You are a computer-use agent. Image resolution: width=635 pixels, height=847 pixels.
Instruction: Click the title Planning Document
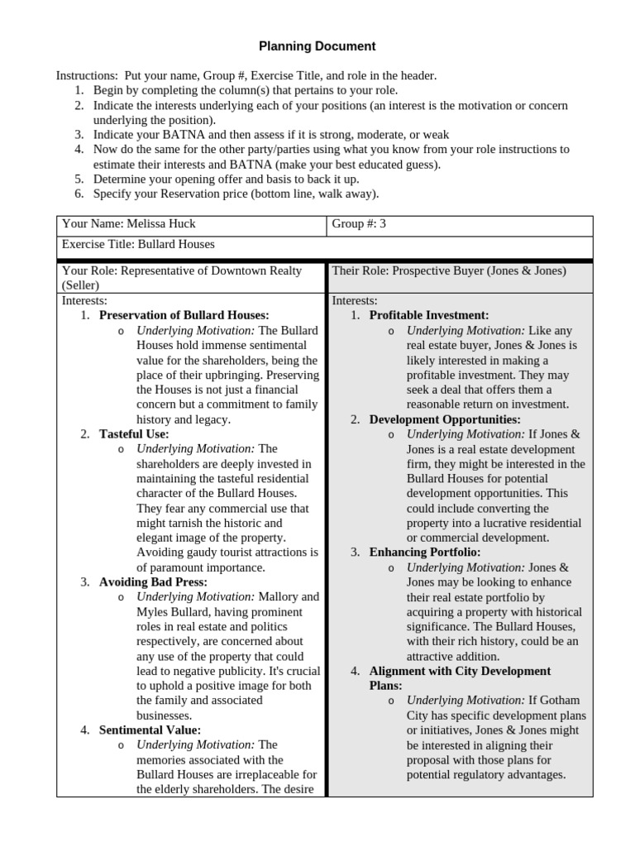coord(317,46)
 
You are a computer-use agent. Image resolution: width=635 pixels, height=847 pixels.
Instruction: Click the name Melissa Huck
coord(161,223)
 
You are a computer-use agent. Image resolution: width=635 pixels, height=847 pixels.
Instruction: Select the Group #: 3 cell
coord(359,223)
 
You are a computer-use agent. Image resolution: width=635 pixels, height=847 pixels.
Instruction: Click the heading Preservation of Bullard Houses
coord(184,315)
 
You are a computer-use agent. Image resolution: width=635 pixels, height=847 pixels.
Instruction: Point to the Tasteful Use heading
coord(133,433)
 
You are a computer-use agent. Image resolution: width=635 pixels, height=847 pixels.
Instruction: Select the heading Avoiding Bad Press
coord(153,581)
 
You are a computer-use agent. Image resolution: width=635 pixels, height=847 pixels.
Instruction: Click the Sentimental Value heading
coord(150,730)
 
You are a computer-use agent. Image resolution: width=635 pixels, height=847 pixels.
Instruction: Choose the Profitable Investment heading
coord(428,315)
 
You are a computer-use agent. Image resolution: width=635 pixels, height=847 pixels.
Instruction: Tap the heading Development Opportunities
coord(444,419)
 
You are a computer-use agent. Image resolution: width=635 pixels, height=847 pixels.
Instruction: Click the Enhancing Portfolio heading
coord(424,552)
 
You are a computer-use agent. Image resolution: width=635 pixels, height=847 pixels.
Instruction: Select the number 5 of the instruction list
coord(79,179)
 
